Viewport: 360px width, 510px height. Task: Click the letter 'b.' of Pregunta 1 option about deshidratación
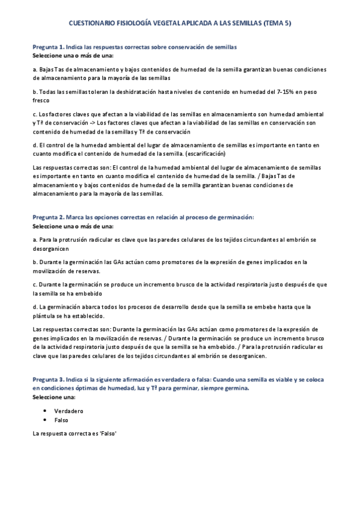pyautogui.click(x=35, y=91)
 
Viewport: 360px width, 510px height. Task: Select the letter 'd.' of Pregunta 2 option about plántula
pyautogui.click(x=35, y=307)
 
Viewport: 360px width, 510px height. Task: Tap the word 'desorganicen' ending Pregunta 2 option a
pyautogui.click(x=51, y=248)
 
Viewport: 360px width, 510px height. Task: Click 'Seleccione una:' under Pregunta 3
pyautogui.click(x=54, y=398)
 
